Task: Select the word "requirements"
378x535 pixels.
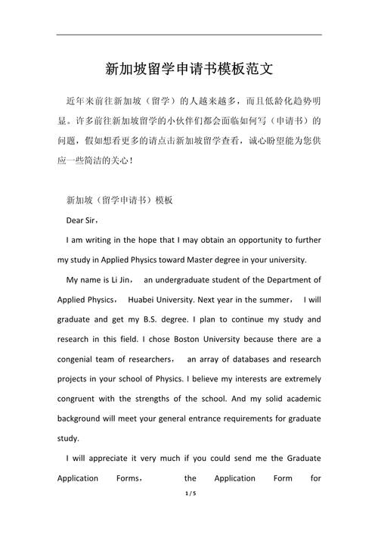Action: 240,418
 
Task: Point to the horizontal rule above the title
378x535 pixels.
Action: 189,34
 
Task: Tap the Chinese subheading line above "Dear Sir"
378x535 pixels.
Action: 120,201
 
